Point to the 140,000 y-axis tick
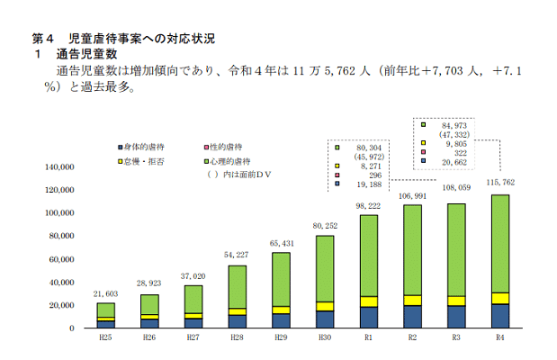click(60, 166)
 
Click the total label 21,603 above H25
click(106, 294)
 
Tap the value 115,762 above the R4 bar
click(500, 184)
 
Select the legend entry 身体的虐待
click(146, 147)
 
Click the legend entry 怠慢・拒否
click(146, 160)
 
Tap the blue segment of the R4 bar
click(500, 316)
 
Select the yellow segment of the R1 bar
click(369, 301)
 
